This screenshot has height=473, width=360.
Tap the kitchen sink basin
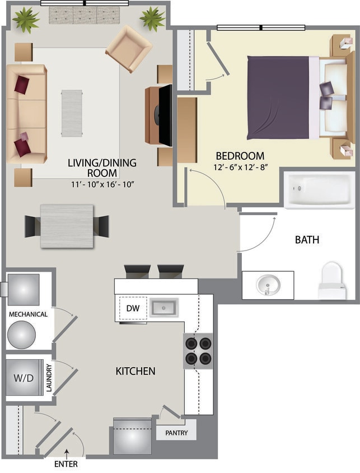pyautogui.click(x=163, y=308)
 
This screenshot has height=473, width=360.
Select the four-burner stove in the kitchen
pyautogui.click(x=198, y=351)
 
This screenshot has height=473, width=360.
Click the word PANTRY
pyautogui.click(x=176, y=433)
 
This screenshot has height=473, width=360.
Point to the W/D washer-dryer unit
pyautogui.click(x=24, y=378)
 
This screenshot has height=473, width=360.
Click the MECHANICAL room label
pyautogui.click(x=28, y=314)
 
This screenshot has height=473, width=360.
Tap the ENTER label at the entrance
pyautogui.click(x=66, y=464)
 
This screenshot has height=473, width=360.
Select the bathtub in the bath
pyautogui.click(x=319, y=189)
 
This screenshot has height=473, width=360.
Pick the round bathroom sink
pyautogui.click(x=268, y=284)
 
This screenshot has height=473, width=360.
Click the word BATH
pyautogui.click(x=307, y=240)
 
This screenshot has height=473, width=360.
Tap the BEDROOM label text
pyautogui.click(x=240, y=156)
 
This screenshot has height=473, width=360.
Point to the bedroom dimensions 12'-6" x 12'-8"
pyautogui.click(x=240, y=167)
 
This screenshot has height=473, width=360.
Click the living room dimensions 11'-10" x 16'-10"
pyautogui.click(x=102, y=184)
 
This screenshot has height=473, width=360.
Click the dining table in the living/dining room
pyautogui.click(x=67, y=225)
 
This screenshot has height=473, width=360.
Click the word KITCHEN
pyautogui.click(x=135, y=371)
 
